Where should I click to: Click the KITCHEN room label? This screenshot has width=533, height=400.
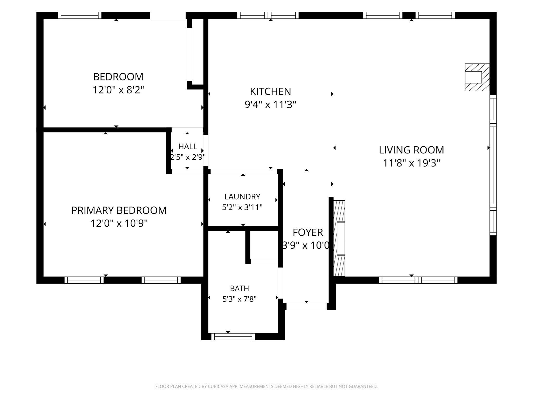(270, 92)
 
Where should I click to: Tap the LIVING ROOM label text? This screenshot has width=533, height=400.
(411, 150)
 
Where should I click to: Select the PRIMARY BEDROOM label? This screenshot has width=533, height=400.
(119, 210)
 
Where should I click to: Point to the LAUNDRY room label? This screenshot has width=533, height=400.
(242, 196)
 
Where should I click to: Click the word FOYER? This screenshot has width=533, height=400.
(308, 232)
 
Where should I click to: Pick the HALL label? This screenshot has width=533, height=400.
(188, 147)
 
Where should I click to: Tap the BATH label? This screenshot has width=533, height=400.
(239, 288)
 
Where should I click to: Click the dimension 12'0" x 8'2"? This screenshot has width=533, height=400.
(118, 90)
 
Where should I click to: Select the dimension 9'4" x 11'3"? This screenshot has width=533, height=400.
(270, 105)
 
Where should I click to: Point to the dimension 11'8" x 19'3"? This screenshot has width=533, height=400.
(411, 163)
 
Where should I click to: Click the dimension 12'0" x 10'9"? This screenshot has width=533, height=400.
(119, 223)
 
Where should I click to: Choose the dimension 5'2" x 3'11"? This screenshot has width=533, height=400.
(242, 207)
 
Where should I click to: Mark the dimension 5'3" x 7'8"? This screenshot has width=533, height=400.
(239, 299)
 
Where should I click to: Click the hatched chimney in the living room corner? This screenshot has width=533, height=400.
(477, 77)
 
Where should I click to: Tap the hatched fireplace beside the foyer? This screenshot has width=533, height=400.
(339, 238)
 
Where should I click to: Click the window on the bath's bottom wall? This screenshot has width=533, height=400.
(233, 336)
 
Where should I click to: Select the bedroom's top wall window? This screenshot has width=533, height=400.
(80, 15)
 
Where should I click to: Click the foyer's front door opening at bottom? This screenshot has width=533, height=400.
(306, 306)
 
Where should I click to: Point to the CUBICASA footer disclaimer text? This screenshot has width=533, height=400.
(266, 386)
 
